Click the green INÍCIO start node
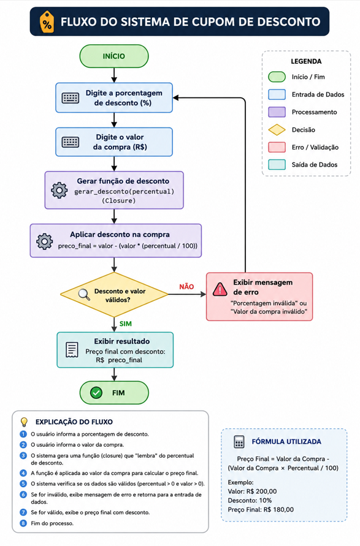point(114,56)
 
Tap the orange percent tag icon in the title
point(47,22)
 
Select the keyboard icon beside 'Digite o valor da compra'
point(71,142)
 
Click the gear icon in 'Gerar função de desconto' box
point(59,190)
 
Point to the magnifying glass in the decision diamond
point(84,295)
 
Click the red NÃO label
point(186,287)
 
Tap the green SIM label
point(126,324)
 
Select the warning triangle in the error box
point(220,289)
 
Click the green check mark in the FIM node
point(96,393)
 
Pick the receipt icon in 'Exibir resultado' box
point(72,350)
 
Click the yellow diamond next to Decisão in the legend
point(277,130)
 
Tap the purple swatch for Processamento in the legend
point(277,112)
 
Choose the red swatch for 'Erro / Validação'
point(277,147)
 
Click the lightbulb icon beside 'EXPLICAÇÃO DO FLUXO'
point(24,422)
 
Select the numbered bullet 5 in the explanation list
point(23,483)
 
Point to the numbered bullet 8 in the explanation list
point(23,523)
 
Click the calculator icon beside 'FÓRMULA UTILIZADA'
point(239,442)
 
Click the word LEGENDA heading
point(306,61)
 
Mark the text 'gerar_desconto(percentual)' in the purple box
point(124,192)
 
